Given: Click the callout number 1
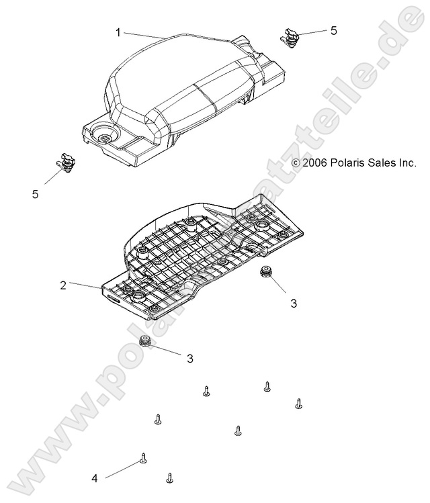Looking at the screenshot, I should pos(118,32).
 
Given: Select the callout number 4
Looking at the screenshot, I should pos(95,479).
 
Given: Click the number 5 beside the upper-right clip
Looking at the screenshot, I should pos(333,31).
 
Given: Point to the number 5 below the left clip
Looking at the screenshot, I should pos(35,194).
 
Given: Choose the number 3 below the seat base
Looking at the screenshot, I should pos(189,359).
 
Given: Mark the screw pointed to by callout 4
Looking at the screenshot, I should pos(143,459).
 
